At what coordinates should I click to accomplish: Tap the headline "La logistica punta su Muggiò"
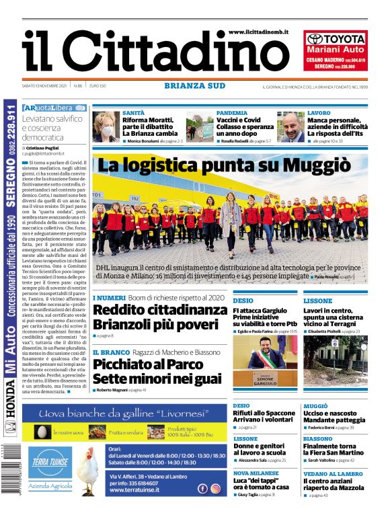(x=225, y=165)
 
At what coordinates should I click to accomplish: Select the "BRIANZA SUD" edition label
(x=194, y=85)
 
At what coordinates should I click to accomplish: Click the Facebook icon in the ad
(x=202, y=489)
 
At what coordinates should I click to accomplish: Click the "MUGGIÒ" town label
(x=315, y=406)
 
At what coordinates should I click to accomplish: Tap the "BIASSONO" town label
(x=317, y=438)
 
